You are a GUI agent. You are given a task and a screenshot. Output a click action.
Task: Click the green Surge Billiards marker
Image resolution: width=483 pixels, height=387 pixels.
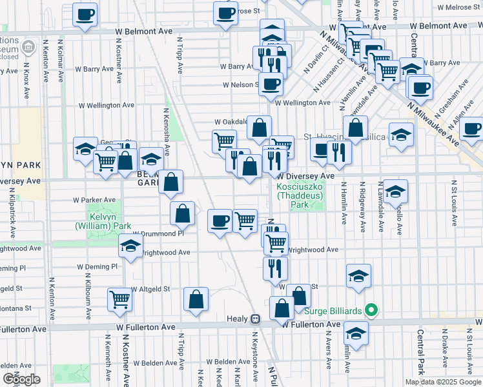coord(370,310)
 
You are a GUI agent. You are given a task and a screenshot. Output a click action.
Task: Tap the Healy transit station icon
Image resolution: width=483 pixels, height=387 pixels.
coord(256,319)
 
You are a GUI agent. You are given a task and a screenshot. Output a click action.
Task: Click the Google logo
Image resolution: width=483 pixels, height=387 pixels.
coord(21,379)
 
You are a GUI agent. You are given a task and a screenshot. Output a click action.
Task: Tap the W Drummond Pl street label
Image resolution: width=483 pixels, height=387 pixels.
coord(158,233)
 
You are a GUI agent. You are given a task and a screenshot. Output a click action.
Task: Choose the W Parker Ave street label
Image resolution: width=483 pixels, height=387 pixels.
coord(94,199)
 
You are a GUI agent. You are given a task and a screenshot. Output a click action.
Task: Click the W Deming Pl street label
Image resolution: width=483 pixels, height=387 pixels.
coord(97,266)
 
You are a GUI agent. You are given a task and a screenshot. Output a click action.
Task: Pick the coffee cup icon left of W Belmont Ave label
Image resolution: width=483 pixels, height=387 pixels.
coord(85,14)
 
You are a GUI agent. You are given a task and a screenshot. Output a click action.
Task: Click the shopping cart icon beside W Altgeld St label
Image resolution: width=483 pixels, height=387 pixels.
coord(119,299)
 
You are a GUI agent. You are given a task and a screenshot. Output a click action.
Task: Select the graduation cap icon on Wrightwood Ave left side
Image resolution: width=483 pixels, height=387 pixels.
coord(130,246)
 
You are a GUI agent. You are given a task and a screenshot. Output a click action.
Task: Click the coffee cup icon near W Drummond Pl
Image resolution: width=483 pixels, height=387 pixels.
coord(220,221)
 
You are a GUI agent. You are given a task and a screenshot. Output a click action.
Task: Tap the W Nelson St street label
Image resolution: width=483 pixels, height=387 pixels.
coord(240,84)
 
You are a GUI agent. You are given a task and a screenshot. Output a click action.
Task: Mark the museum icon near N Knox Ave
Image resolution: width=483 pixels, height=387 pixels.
coord(28,47)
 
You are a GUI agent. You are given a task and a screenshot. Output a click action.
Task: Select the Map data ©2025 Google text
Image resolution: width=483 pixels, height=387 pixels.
coord(443,382)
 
